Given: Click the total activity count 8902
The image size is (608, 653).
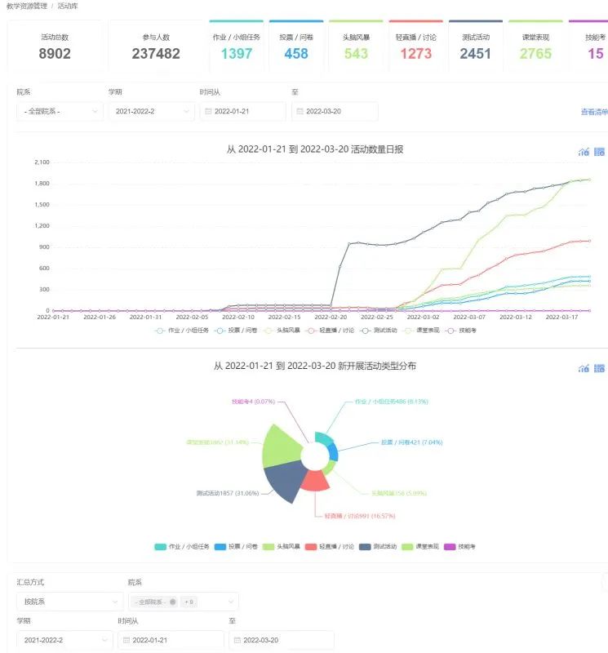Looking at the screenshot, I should click(55, 54).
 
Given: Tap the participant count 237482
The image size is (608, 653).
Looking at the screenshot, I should click(156, 54).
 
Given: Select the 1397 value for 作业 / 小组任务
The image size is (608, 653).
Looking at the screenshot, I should click(237, 54).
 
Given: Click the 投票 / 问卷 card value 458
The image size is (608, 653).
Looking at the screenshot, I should click(296, 54).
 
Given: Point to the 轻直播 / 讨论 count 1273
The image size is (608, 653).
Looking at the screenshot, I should click(416, 54).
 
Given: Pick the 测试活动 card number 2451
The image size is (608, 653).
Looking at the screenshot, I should click(476, 54).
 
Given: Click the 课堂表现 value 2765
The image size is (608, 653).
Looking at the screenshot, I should click(536, 54).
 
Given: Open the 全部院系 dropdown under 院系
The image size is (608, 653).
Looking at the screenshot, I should click(60, 112).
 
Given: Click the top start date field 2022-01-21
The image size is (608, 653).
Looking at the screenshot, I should click(242, 112).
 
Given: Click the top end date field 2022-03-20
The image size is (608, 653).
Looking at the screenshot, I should click(335, 112).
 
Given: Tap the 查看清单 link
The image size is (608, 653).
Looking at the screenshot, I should click(593, 112).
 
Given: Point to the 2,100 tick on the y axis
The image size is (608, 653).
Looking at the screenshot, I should click(42, 162).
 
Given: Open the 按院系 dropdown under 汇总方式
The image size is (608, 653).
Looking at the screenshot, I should click(69, 602).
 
